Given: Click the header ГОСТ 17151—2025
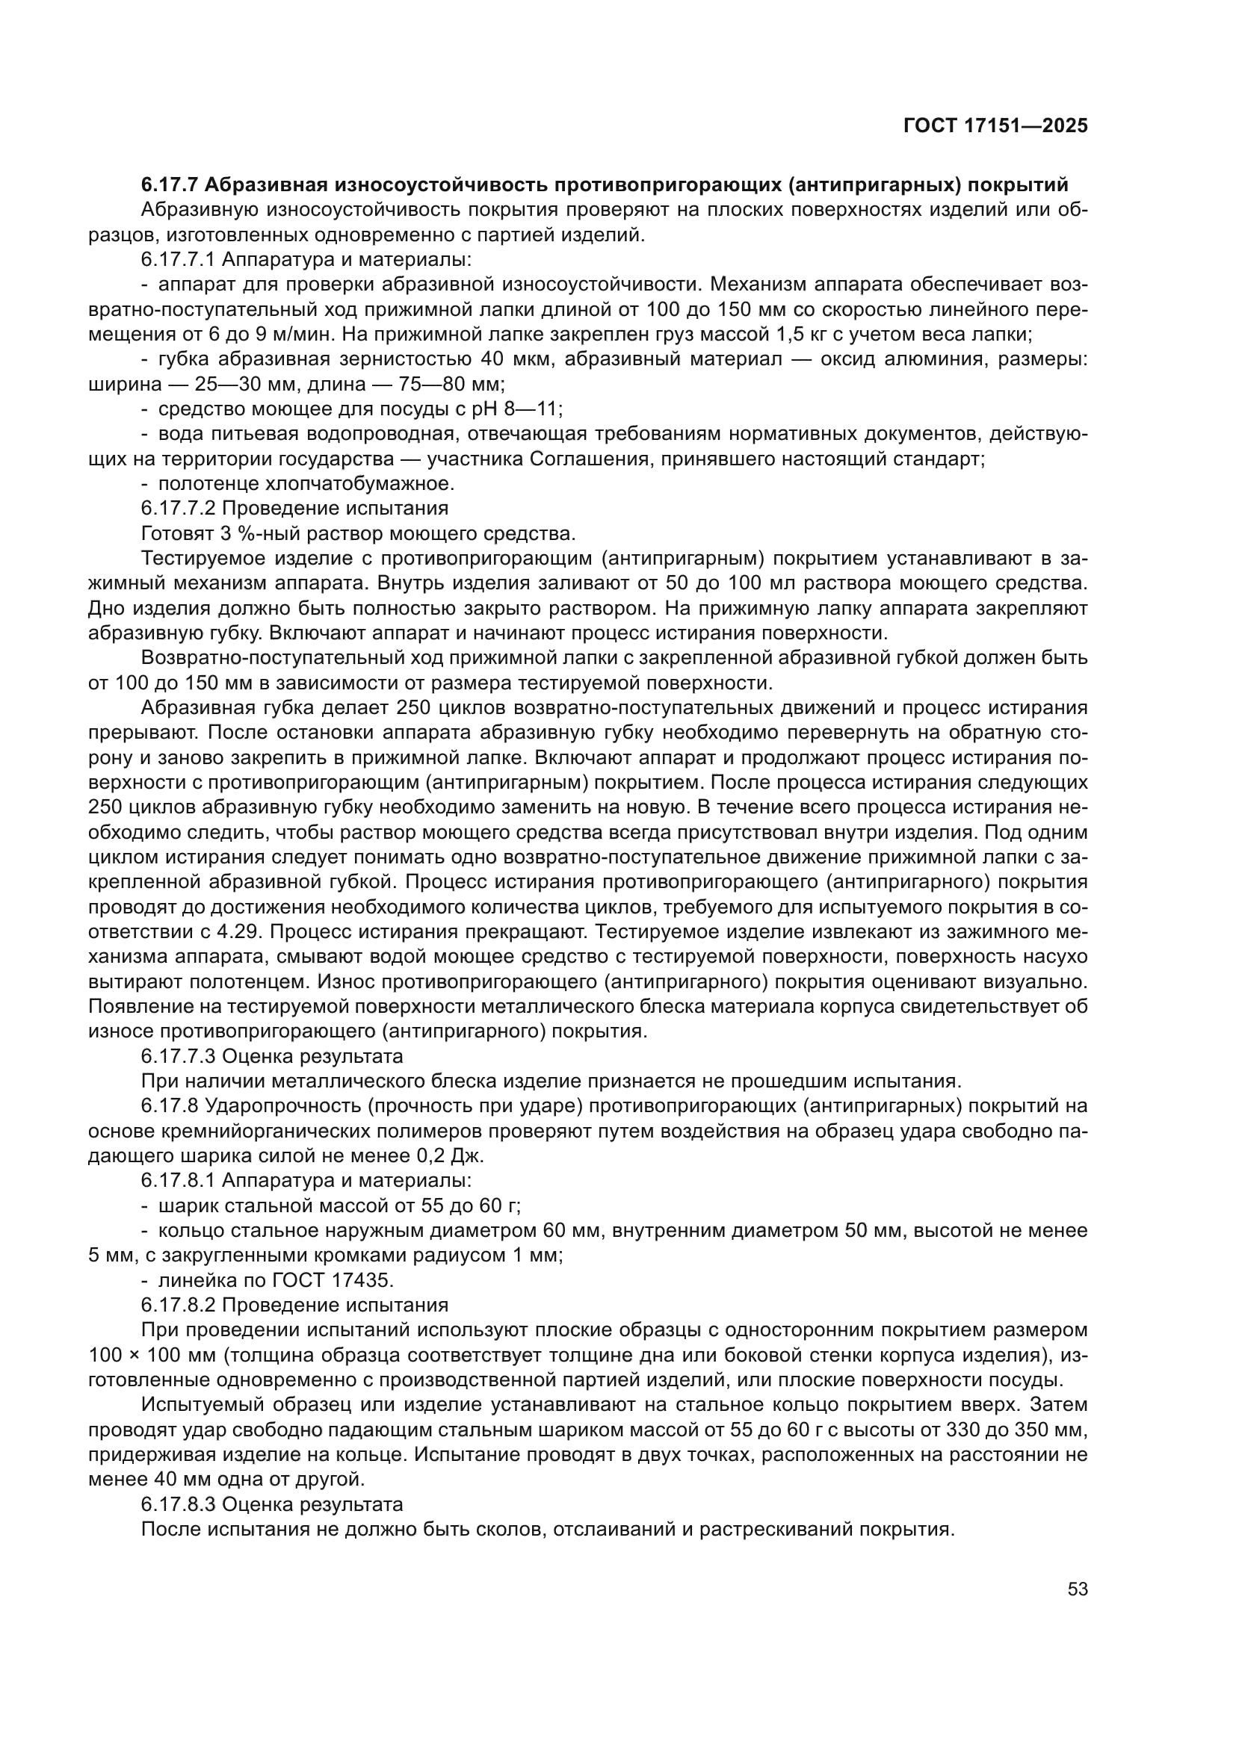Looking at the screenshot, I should click(995, 126).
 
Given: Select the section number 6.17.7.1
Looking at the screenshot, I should click(178, 259).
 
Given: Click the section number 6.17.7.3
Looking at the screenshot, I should click(178, 1056).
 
